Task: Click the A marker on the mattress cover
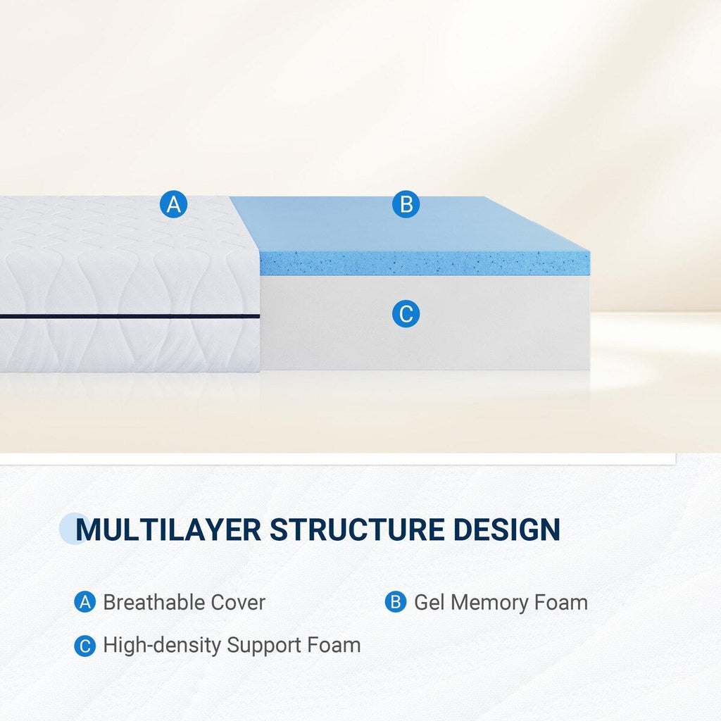(174, 204)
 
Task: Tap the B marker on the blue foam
(406, 204)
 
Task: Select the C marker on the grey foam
(406, 314)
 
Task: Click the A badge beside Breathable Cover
(84, 603)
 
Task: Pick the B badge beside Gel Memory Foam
(396, 603)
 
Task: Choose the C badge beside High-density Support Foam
(84, 646)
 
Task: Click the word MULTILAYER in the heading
(168, 529)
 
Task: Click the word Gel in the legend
(429, 603)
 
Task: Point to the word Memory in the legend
(489, 603)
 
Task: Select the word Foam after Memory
(560, 603)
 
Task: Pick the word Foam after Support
(334, 646)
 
